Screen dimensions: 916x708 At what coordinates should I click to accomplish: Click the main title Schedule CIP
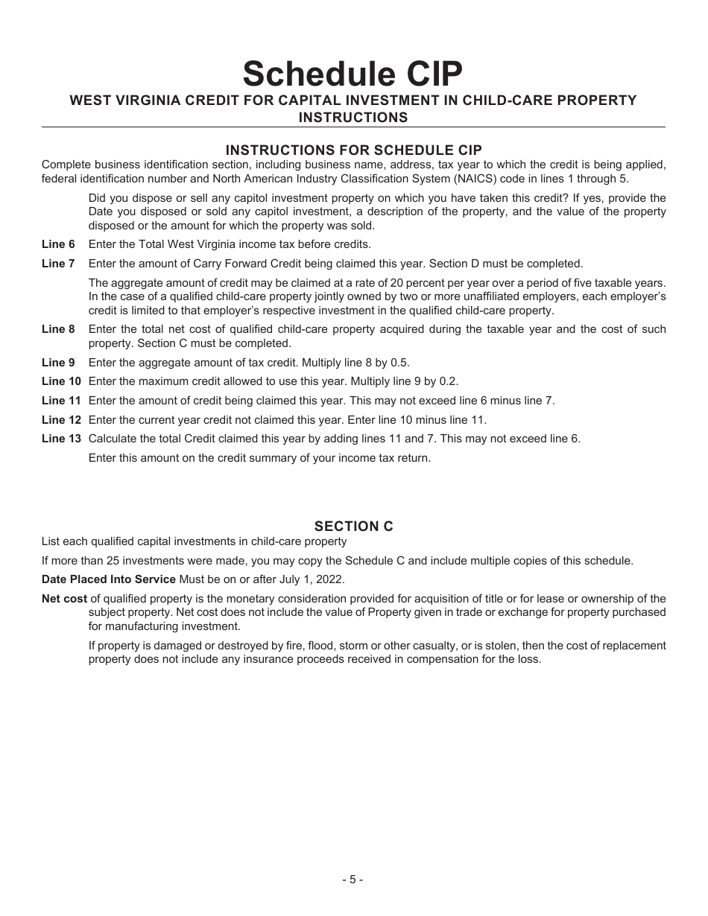[x=353, y=74]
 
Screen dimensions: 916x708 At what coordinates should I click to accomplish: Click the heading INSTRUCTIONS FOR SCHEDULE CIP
[x=353, y=150]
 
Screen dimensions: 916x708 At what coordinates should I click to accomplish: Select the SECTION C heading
[x=353, y=527]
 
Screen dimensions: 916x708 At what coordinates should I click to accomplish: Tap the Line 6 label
[x=58, y=244]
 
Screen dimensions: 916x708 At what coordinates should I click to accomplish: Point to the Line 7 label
[x=58, y=264]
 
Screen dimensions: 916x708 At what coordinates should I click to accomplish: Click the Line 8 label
[x=58, y=329]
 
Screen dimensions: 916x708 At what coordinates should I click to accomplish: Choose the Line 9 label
[x=58, y=363]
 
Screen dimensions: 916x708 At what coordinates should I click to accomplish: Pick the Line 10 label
[x=61, y=381]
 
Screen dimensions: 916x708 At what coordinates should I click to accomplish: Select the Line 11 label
[x=61, y=401]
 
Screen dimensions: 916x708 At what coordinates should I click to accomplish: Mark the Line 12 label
[x=61, y=420]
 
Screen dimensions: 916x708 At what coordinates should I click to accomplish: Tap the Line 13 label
[x=61, y=439]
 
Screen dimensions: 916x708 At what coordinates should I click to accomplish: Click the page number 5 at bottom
[x=353, y=880]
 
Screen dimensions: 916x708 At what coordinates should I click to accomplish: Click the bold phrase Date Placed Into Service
[x=109, y=580]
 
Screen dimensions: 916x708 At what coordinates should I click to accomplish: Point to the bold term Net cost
[x=64, y=599]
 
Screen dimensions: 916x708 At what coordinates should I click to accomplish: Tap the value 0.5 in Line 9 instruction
[x=400, y=363]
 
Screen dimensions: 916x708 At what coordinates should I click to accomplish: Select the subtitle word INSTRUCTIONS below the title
[x=353, y=118]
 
